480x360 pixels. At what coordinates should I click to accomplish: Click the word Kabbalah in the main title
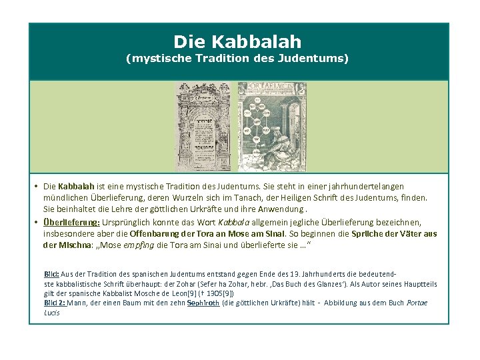(x=257, y=42)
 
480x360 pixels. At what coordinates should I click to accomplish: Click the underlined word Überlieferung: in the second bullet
(x=72, y=221)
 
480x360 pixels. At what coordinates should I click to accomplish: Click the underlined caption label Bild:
(x=51, y=274)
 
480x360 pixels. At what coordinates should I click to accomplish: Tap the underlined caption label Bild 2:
(x=55, y=303)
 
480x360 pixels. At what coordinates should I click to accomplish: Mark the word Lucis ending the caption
(x=51, y=312)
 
